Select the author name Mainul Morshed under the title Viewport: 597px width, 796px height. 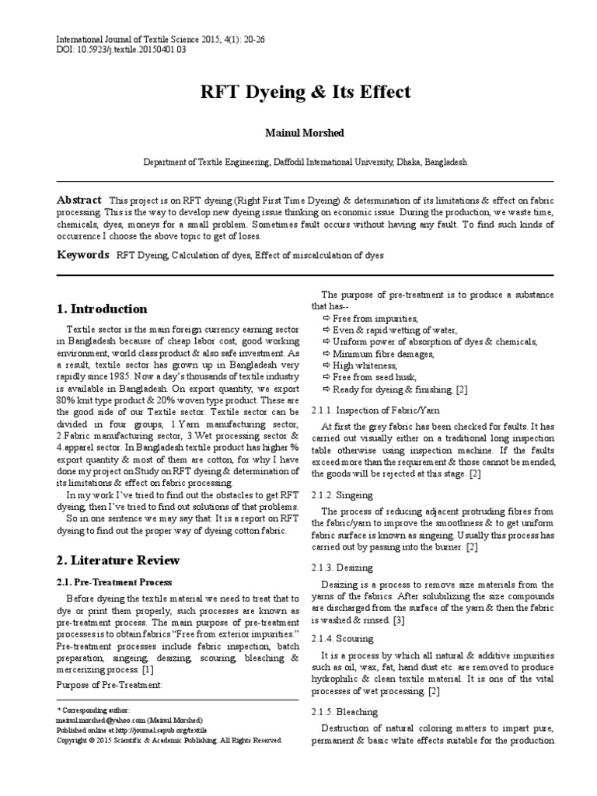[298, 133]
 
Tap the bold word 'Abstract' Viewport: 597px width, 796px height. [80, 200]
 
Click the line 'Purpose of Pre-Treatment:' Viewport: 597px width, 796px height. [110, 684]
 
